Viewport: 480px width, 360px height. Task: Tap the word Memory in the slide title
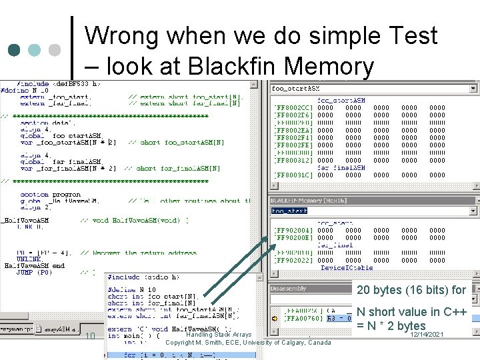pyautogui.click(x=328, y=66)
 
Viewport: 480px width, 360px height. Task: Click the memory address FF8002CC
pyautogui.click(x=293, y=107)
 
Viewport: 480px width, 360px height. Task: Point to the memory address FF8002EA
pyautogui.click(x=293, y=130)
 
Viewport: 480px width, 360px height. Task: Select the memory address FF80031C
pyautogui.click(x=293, y=175)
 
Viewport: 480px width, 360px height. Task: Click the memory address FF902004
pyautogui.click(x=293, y=230)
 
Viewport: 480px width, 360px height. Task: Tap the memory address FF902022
pyautogui.click(x=293, y=261)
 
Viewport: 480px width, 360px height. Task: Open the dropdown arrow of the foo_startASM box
pyautogui.click(x=474, y=88)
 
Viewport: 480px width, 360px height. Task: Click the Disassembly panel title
pyautogui.click(x=288, y=289)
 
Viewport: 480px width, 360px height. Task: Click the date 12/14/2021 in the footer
pyautogui.click(x=427, y=334)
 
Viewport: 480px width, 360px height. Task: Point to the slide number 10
pyautogui.click(x=90, y=336)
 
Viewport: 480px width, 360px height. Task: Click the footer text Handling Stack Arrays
pyautogui.click(x=219, y=335)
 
